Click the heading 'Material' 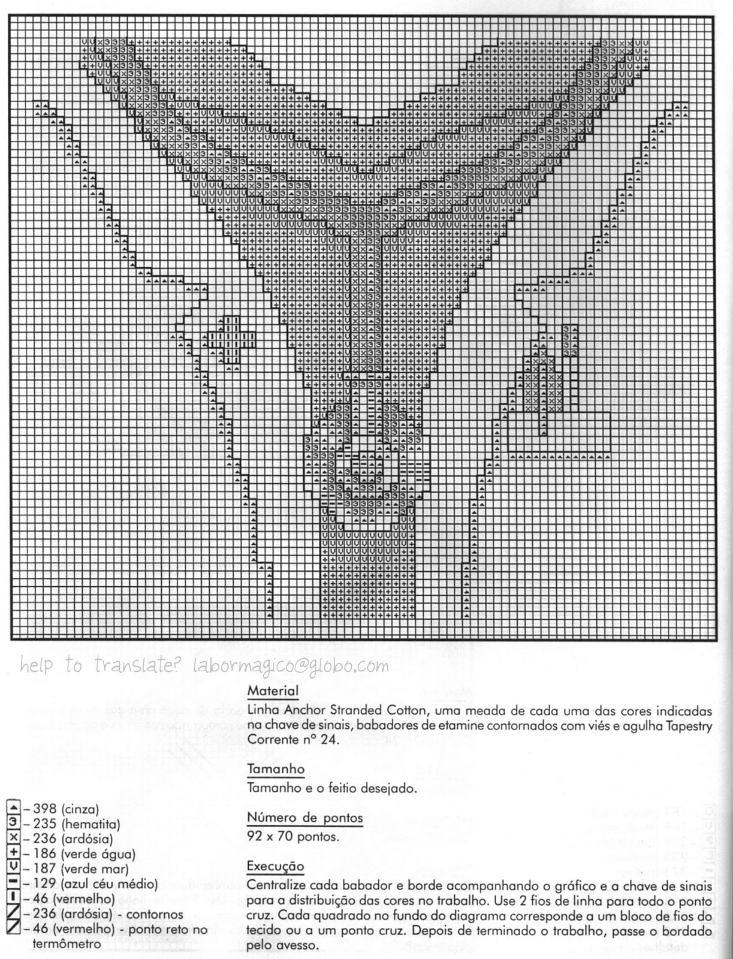tap(273, 690)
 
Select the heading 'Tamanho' tap(276, 768)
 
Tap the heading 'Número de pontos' tap(304, 818)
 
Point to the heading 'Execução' tap(275, 866)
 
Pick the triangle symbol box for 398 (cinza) tap(14, 809)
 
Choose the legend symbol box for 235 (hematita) tap(14, 824)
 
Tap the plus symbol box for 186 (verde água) tap(14, 854)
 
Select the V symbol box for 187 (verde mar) tap(14, 868)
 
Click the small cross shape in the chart tap(232, 339)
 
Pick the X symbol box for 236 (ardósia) tap(14, 839)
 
